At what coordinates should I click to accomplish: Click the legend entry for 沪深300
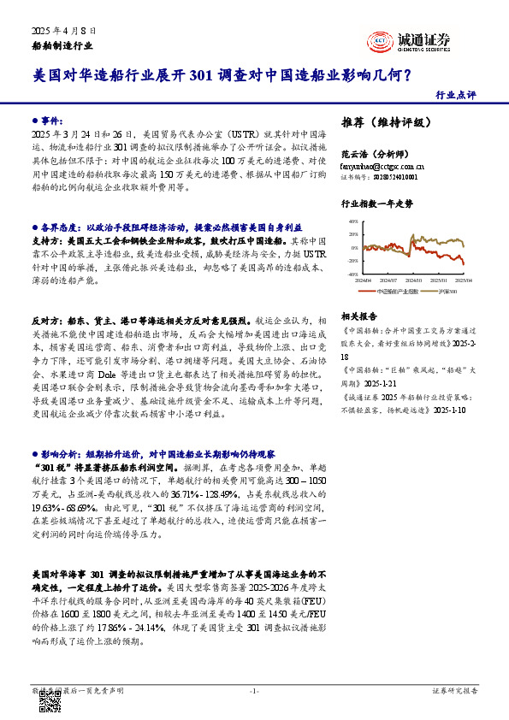point(447,292)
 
